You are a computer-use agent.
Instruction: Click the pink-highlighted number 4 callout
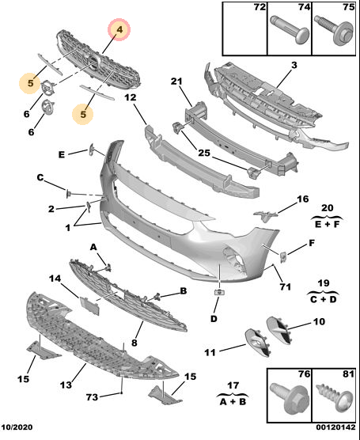pyautogui.click(x=119, y=30)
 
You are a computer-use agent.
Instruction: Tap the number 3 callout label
pyautogui.click(x=294, y=66)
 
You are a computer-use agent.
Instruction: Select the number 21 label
pyautogui.click(x=176, y=82)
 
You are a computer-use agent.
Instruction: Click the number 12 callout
pyautogui.click(x=131, y=97)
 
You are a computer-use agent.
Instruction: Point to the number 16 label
pyautogui.click(x=303, y=199)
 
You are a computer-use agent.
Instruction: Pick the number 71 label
pyautogui.click(x=286, y=286)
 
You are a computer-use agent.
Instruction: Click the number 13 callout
pyautogui.click(x=66, y=385)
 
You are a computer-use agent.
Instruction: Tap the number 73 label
pyautogui.click(x=92, y=397)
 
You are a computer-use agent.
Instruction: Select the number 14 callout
pyautogui.click(x=55, y=279)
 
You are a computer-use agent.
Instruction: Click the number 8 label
pyautogui.click(x=135, y=343)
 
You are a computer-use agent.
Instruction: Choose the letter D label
pyautogui.click(x=214, y=319)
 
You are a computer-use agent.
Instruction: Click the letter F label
pyautogui.click(x=312, y=243)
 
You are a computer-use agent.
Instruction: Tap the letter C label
pyautogui.click(x=40, y=177)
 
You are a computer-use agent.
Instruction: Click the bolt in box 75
pyautogui.click(x=334, y=30)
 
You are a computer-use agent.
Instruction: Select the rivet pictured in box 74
pyautogui.click(x=290, y=29)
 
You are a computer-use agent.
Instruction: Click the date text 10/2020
pyautogui.click(x=17, y=427)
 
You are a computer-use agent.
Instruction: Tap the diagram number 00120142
pyautogui.click(x=336, y=427)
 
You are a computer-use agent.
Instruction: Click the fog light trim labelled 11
pyautogui.click(x=258, y=343)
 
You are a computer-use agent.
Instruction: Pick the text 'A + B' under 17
pyautogui.click(x=233, y=402)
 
